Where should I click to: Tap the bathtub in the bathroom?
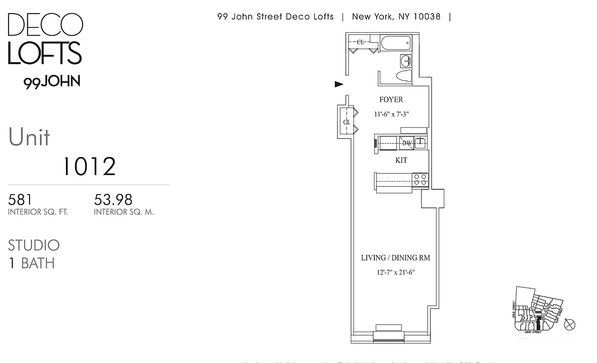(x=395, y=44)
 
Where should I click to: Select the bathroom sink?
(x=406, y=60)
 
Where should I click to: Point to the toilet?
(x=403, y=76)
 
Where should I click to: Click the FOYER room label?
(x=391, y=100)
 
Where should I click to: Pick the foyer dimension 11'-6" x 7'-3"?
(x=391, y=114)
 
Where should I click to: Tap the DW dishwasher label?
(x=407, y=143)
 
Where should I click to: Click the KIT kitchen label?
(x=401, y=160)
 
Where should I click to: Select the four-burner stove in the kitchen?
(x=420, y=179)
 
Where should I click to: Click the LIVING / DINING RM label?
(x=395, y=258)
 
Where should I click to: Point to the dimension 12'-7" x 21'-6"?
(x=396, y=273)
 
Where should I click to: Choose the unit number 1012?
(x=89, y=167)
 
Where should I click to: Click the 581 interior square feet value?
(x=20, y=200)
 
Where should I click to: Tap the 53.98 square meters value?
(x=113, y=200)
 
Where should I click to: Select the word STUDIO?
(x=34, y=245)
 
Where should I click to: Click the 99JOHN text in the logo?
(x=52, y=82)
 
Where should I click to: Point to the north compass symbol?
(x=570, y=324)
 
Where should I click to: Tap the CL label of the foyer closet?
(x=347, y=123)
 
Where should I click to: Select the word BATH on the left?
(x=38, y=263)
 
